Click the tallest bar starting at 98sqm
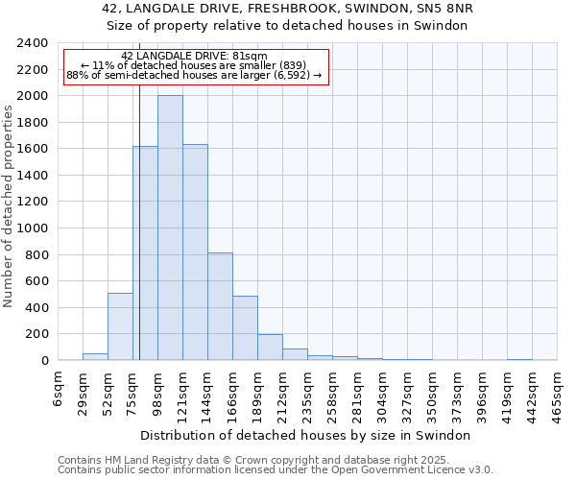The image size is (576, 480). tap(170, 228)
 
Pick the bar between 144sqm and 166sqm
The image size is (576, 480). tap(220, 306)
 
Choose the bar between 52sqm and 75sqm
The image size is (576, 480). tap(120, 326)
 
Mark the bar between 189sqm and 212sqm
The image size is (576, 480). tap(270, 348)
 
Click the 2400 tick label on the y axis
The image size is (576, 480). tap(33, 44)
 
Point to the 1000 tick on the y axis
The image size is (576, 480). tap(33, 228)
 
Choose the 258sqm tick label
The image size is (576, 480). tap(333, 391)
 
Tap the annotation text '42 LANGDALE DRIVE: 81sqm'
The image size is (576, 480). tap(195, 57)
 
